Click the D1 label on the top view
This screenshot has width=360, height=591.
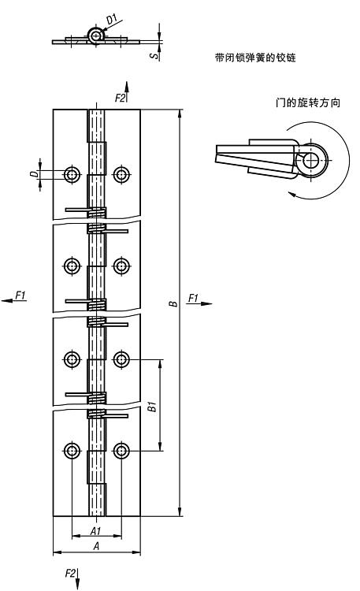pos(112,19)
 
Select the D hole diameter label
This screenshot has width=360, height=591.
pos(35,174)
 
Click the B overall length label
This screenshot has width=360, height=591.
pos(173,303)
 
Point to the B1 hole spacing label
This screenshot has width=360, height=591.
pos(152,407)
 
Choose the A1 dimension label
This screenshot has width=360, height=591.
pos(96,530)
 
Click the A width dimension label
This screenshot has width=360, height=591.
pos(97,546)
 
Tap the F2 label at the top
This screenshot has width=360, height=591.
pos(120,98)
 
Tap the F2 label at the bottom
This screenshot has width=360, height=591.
pos(70,574)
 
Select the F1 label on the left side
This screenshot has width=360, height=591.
pos(20,295)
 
